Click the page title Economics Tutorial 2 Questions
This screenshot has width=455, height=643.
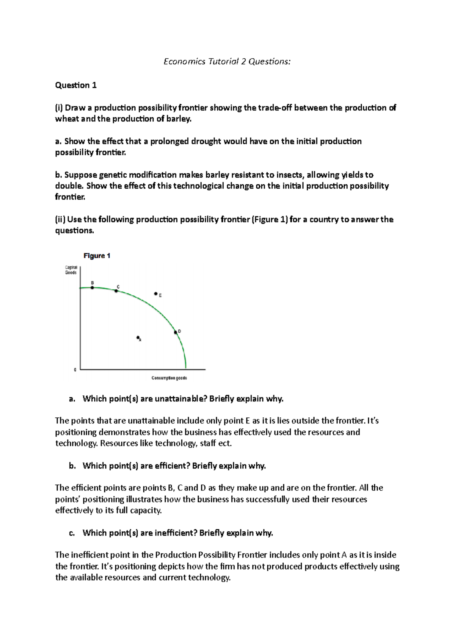(x=227, y=61)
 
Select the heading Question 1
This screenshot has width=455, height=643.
(x=76, y=85)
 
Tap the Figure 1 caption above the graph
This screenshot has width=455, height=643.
(x=97, y=256)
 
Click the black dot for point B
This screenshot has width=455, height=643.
(x=92, y=288)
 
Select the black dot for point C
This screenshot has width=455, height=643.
(x=116, y=291)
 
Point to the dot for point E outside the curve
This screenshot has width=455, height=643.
(x=156, y=293)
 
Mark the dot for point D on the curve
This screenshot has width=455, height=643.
(x=176, y=332)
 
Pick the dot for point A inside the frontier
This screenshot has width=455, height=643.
(x=138, y=337)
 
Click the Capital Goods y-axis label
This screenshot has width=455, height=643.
(x=71, y=270)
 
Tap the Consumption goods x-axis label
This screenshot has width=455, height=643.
(x=169, y=378)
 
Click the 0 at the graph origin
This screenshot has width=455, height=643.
(x=75, y=370)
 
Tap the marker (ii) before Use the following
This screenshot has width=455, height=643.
(x=60, y=220)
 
